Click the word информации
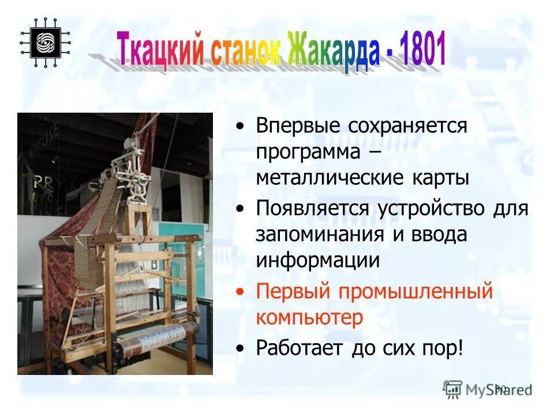[318, 259]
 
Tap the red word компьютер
[310, 317]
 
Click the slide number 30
[500, 389]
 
